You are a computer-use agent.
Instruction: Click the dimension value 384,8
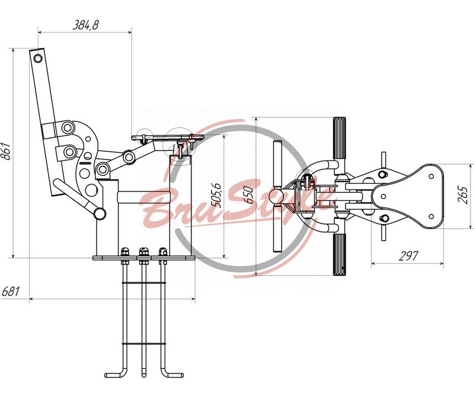point(86,25)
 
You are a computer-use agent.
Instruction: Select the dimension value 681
point(11,292)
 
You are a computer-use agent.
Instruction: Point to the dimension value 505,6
point(216,195)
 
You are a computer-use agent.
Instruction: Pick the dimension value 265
point(463,196)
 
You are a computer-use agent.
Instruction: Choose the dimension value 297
point(408,256)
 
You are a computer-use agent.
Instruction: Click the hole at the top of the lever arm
point(38,58)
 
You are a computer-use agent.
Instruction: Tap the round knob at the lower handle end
point(100,213)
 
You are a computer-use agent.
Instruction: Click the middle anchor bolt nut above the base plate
point(144,251)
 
